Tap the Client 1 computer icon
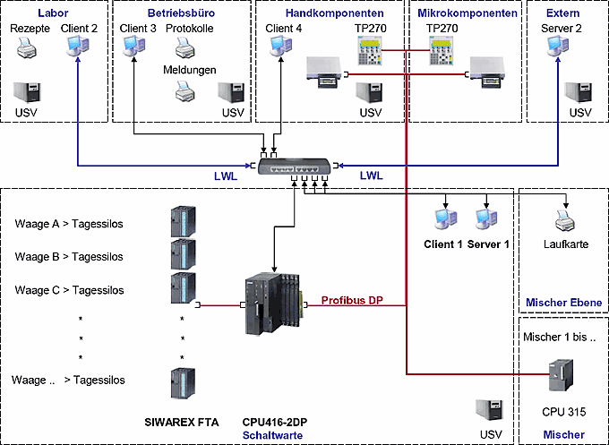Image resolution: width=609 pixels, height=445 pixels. point(442,218)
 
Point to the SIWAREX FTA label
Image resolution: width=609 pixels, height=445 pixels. point(182,420)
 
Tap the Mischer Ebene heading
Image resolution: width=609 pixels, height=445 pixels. point(563,303)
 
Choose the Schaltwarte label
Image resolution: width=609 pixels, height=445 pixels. point(272,434)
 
